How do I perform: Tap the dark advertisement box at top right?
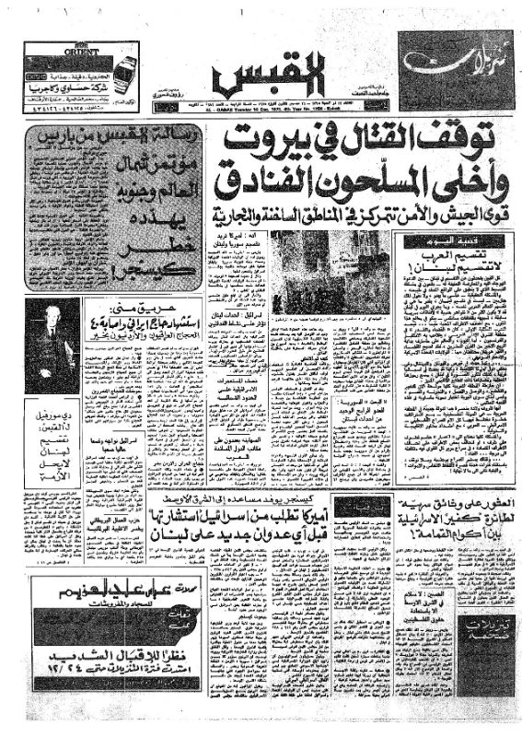455,63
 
